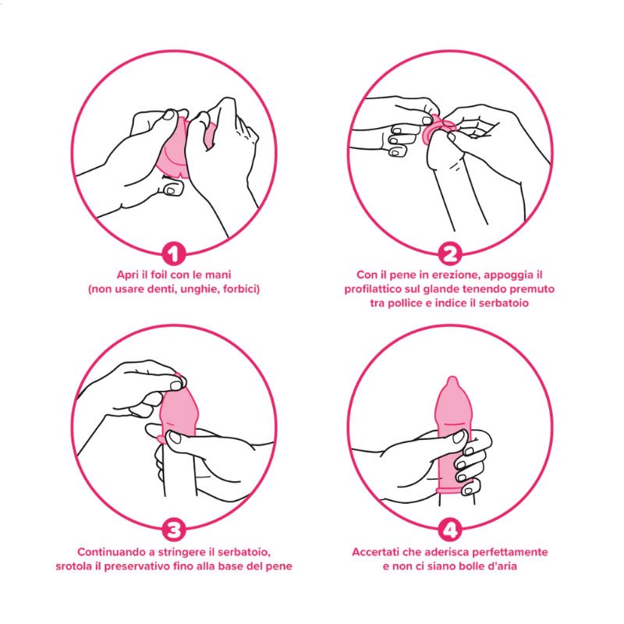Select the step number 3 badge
coord(173,530)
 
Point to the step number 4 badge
coord(450,530)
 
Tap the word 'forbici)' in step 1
coord(242,289)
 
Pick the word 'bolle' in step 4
coord(471,566)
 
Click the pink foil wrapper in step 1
coord(173,147)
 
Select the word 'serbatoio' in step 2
coord(504,303)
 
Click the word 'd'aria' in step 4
coord(502,566)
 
